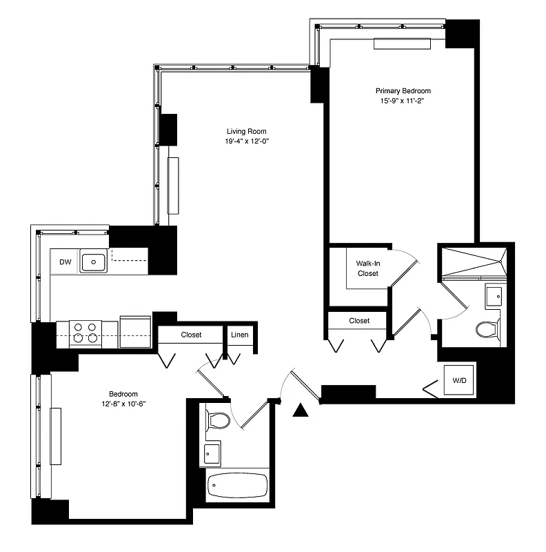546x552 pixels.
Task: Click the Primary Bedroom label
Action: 403,91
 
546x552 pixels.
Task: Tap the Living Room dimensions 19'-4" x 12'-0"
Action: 246,142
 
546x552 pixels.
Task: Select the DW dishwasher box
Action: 65,262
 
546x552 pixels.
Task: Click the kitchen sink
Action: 93,262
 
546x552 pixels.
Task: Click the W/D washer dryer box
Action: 458,380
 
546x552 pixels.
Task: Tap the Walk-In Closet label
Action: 367,268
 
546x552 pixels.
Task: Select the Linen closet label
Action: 239,335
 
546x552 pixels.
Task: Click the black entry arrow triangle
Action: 299,411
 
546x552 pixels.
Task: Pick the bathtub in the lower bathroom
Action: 237,485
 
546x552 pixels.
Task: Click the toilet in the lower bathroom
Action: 219,420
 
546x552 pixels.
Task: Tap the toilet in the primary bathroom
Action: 487,329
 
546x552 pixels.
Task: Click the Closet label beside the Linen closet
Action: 191,335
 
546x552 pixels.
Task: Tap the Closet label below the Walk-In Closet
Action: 359,321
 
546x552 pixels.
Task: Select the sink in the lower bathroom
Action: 212,454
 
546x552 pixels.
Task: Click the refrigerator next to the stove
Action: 135,333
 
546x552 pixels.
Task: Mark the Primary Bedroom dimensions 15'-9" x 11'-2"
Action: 403,101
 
